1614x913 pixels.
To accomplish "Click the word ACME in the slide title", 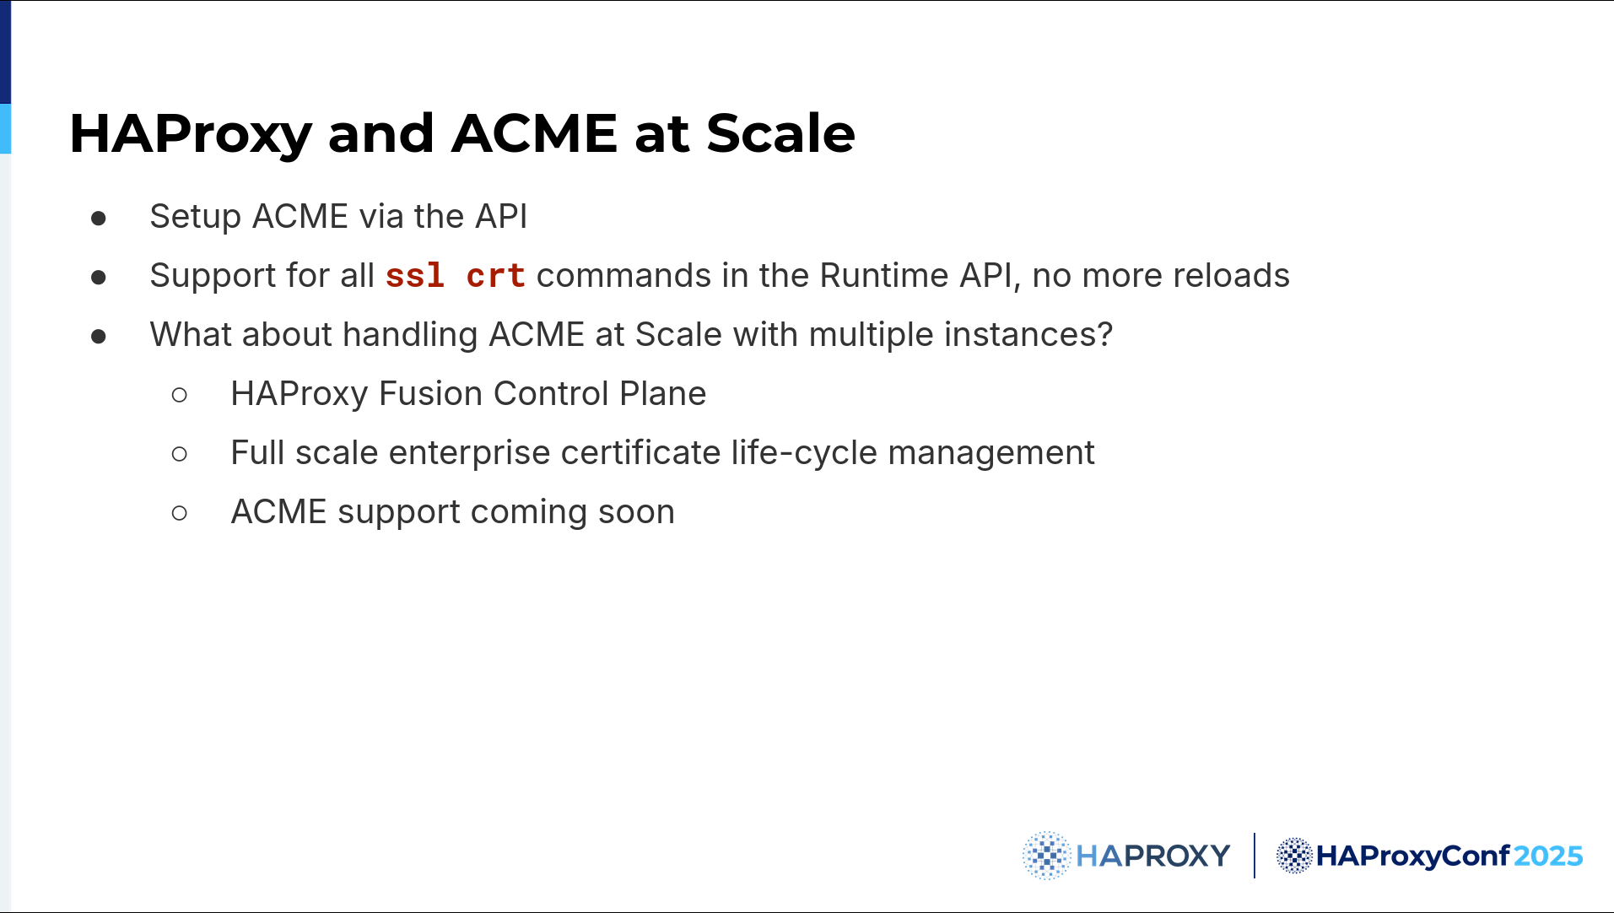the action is [534, 133].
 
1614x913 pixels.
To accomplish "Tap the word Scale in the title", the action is [780, 133].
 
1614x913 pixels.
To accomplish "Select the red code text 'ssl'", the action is [414, 276].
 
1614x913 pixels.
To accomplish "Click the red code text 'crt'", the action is [495, 276].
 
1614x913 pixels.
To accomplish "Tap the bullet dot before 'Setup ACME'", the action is [99, 219].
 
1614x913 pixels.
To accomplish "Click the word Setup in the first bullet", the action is [196, 217].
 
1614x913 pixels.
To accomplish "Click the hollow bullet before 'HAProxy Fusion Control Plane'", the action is [179, 395].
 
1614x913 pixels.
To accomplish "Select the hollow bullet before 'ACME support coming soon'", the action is [179, 513].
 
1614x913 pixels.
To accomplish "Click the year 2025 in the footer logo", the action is [1547, 856].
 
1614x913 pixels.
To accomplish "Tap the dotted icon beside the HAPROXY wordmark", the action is [1046, 856].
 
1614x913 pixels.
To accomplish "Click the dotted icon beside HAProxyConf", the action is [1294, 856].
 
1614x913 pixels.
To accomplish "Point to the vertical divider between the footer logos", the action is [1255, 856].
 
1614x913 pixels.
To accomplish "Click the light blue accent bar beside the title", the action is [5, 128].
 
